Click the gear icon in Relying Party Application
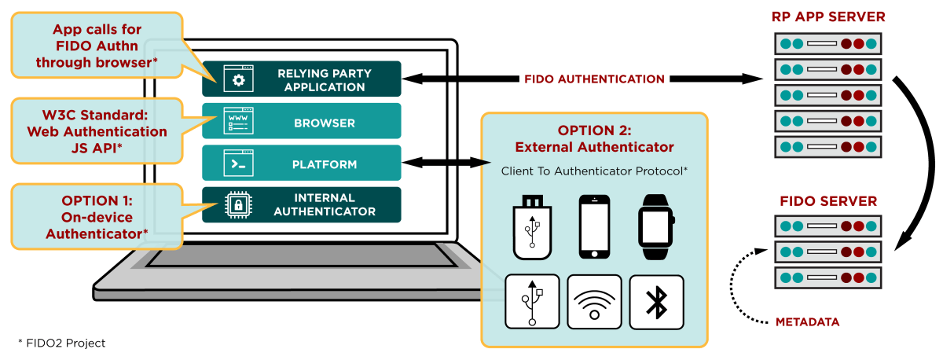[238, 79]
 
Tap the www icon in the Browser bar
[238, 121]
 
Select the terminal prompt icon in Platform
[238, 163]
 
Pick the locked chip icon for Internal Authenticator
[238, 204]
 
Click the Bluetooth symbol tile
[656, 302]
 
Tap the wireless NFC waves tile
[594, 302]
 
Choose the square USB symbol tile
[532, 302]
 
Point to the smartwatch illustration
[656, 227]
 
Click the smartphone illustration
[594, 227]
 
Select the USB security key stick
[532, 227]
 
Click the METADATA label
[808, 322]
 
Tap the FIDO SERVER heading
[828, 201]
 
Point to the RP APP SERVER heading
[828, 17]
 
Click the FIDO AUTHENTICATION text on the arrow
[594, 79]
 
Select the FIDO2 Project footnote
[61, 343]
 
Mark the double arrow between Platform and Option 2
[446, 163]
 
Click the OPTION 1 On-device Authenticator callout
[97, 217]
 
